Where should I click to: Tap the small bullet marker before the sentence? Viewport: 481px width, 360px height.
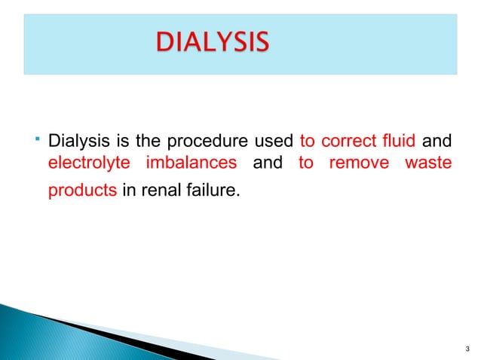pyautogui.click(x=36, y=138)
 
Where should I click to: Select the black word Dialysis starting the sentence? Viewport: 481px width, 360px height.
pyautogui.click(x=72, y=142)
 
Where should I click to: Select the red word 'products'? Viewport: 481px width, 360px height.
pyautogui.click(x=81, y=191)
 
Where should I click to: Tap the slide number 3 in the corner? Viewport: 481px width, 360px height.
pyautogui.click(x=468, y=348)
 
